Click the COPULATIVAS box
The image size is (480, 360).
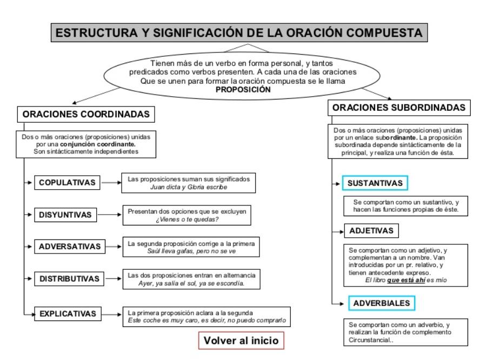67,183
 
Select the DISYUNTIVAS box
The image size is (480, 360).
65,215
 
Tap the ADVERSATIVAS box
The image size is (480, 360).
70,246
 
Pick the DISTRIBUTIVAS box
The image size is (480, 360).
69,278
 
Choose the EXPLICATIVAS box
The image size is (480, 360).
68,314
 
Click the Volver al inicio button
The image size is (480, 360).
241,341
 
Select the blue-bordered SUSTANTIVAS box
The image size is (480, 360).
375,183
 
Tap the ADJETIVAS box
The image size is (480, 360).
371,230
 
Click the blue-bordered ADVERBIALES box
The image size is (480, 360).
382,303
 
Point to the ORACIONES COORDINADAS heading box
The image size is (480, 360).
86,114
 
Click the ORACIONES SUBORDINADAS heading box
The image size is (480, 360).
399,108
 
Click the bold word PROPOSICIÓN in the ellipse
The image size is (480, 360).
243,90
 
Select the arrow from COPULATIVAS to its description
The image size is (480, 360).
111,183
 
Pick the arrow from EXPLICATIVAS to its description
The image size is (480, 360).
112,315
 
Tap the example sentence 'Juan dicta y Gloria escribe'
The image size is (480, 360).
189,187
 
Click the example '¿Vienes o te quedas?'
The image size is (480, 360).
187,219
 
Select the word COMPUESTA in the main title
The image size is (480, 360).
384,33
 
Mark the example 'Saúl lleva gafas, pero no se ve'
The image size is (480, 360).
191,251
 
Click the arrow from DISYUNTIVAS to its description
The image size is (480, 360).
110,215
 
